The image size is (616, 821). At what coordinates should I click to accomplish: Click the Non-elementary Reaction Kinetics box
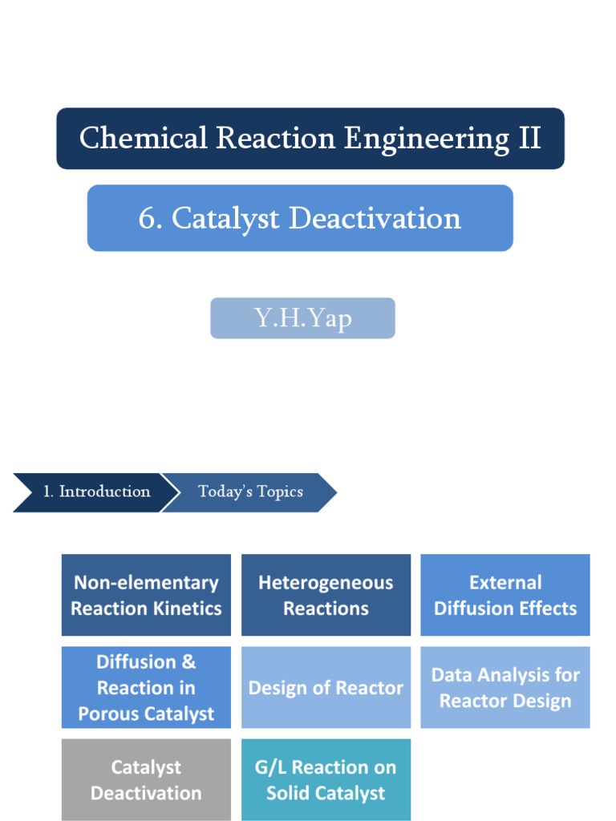[146, 595]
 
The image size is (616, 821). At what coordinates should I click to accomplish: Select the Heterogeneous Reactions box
[326, 595]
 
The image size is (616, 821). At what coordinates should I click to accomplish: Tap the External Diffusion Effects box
[505, 595]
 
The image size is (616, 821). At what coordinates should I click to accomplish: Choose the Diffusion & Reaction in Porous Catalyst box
[146, 687]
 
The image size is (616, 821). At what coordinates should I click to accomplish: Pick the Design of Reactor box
[326, 687]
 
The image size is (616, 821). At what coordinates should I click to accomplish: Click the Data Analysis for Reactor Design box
[505, 687]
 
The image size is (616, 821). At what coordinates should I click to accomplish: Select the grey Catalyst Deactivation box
[146, 779]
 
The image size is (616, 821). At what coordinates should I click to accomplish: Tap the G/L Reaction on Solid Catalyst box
[326, 779]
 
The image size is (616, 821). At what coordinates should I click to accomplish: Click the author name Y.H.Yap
[303, 318]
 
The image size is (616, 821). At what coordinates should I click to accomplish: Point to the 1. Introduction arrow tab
[92, 491]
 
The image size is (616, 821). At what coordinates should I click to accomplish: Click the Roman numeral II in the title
[529, 139]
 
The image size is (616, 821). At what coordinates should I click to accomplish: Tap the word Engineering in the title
[427, 140]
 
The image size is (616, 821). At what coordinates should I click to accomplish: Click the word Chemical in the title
[142, 139]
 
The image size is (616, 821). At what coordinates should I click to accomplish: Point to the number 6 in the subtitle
[147, 218]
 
